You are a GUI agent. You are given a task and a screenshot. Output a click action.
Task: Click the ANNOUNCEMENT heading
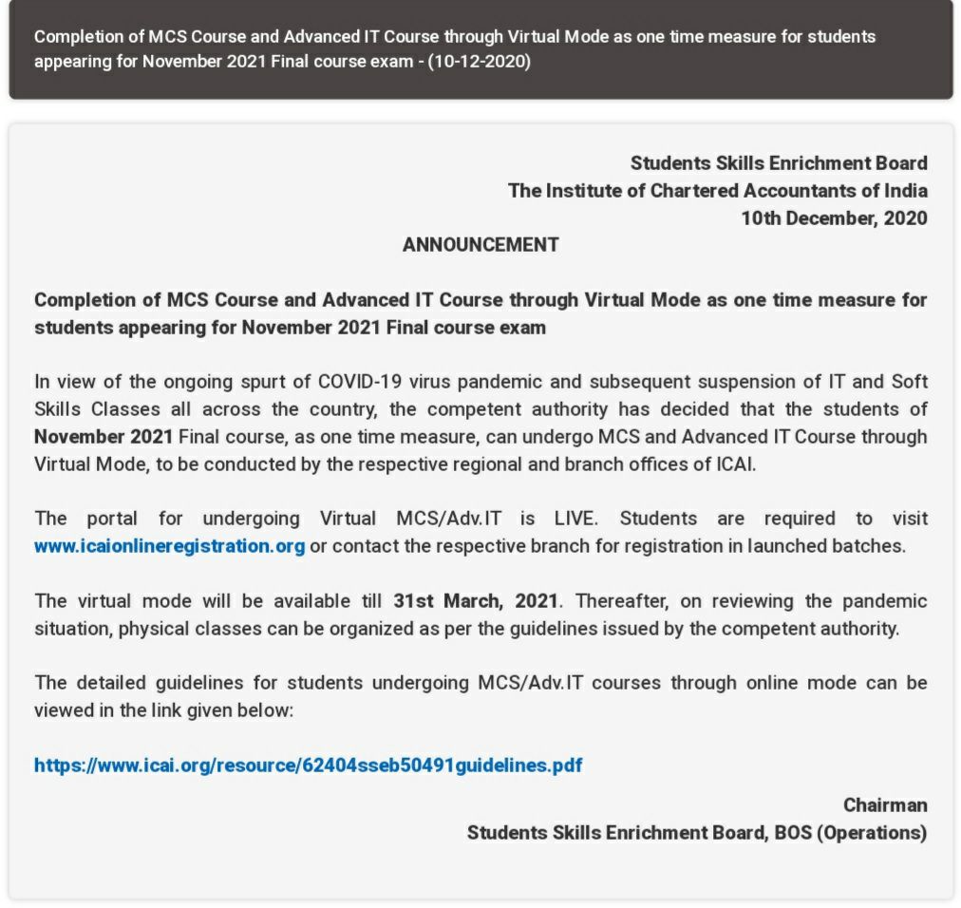pos(480,245)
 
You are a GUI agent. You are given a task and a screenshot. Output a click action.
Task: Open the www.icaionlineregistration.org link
pos(169,546)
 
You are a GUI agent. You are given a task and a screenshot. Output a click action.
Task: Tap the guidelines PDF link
pos(308,765)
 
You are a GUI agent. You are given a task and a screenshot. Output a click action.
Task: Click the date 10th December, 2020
pos(834,218)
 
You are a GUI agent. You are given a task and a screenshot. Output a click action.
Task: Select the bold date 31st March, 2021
pos(476,601)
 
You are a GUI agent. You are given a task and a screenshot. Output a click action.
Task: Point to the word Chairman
pos(885,805)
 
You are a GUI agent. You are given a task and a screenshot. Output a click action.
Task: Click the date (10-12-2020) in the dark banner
pos(479,63)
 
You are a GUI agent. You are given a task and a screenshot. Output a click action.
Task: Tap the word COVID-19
pos(359,382)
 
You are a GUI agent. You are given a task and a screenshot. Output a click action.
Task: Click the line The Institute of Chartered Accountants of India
pos(717,191)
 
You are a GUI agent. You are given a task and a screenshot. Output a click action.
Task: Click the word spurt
pos(258,382)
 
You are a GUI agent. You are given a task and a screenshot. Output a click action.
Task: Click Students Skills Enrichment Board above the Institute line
pos(779,163)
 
